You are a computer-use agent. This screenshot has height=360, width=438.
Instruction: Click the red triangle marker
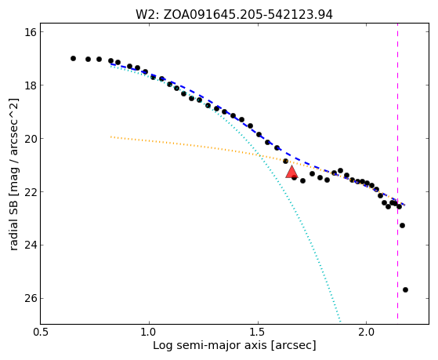291,173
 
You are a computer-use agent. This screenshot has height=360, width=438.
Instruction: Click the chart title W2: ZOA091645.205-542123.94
234,14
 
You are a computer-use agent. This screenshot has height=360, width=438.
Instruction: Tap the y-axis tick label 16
30,32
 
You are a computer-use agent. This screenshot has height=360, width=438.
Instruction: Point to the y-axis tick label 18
30,85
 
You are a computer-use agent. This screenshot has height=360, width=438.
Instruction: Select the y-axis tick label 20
30,139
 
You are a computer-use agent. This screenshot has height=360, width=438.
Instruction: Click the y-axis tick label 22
30,192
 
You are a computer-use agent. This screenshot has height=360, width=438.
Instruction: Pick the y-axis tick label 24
30,245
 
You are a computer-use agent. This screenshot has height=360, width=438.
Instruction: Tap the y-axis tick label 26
30,299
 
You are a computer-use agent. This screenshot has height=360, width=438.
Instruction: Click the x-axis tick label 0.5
41,333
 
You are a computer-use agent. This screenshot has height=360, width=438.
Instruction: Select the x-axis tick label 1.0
149,333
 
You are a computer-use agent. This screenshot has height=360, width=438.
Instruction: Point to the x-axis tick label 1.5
258,333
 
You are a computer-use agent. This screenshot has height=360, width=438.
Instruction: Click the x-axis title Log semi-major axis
210,345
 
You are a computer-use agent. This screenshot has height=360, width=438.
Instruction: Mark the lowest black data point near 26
405,289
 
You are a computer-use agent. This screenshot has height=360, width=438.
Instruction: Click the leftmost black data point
73,59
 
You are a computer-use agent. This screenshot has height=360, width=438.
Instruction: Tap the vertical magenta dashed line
397,174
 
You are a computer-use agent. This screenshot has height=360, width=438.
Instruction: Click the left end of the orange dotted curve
111,136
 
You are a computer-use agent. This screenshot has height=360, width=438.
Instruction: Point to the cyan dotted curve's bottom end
340,322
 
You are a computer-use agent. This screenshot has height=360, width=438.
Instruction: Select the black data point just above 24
402,225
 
